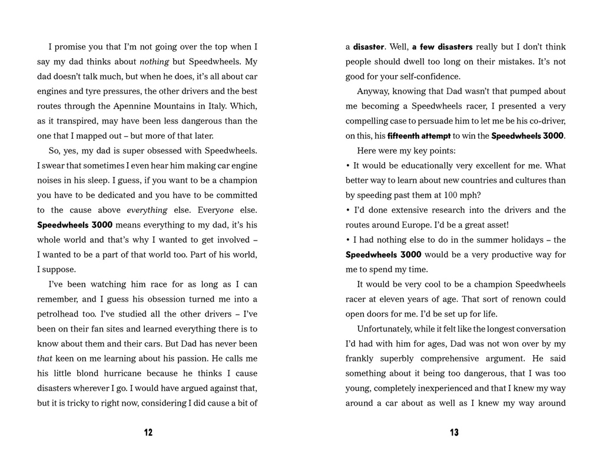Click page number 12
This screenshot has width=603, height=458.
click(x=148, y=433)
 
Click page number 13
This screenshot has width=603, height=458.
click(x=454, y=433)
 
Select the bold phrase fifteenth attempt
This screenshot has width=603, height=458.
click(x=419, y=136)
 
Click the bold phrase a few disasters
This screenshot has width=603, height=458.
click(x=442, y=47)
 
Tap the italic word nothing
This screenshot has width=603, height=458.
click(x=154, y=62)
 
